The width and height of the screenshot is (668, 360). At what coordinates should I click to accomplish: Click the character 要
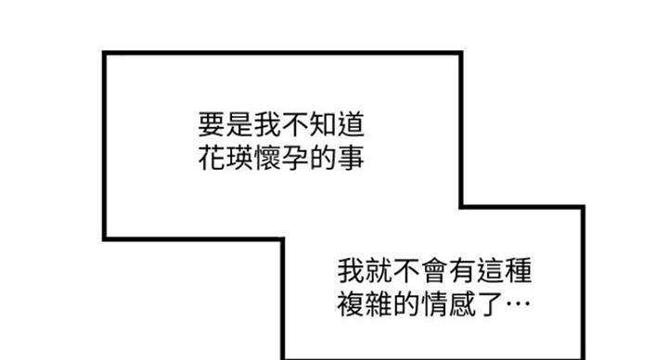212,124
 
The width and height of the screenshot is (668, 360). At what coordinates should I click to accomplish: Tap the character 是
239,124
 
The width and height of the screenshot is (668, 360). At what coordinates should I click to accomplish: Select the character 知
323,124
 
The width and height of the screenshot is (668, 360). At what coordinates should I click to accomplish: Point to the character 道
351,124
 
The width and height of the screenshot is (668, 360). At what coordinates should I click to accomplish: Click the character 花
212,158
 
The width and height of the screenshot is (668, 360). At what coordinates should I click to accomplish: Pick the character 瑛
239,158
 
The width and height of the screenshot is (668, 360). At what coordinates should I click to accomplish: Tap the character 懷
267,158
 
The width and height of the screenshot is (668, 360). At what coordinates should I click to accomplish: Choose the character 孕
295,158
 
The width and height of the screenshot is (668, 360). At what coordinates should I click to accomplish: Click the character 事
351,158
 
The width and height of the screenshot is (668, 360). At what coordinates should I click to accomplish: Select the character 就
379,270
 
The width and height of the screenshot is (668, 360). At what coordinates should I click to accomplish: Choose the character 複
351,303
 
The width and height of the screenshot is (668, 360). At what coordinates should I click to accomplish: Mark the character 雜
379,303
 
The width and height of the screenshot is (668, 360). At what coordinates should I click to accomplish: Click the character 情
434,303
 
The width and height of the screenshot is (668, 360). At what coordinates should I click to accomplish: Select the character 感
462,303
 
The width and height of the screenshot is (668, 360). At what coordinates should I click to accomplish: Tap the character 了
490,303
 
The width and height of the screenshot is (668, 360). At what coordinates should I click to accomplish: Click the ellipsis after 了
518,303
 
